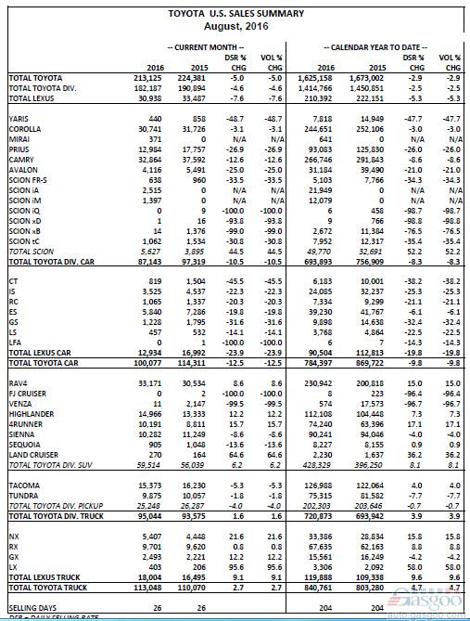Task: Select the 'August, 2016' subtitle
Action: tap(235, 26)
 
